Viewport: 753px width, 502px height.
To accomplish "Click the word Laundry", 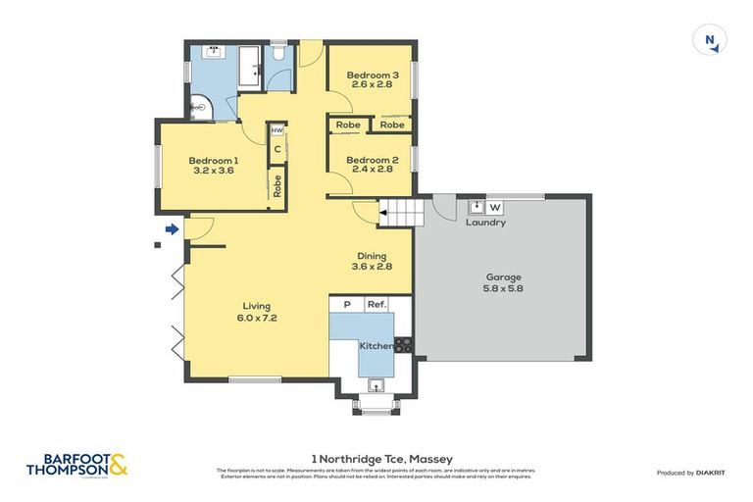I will [485, 223].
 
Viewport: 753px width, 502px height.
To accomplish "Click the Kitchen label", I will [376, 346].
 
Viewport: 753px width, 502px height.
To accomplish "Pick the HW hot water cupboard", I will [277, 130].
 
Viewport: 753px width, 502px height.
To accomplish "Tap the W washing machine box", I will [494, 207].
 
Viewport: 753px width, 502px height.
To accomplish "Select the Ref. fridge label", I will [376, 305].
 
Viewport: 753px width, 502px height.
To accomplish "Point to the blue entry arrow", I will [172, 229].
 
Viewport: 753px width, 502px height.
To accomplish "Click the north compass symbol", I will [710, 40].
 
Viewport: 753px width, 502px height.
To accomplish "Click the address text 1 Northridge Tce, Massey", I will [376, 458].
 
